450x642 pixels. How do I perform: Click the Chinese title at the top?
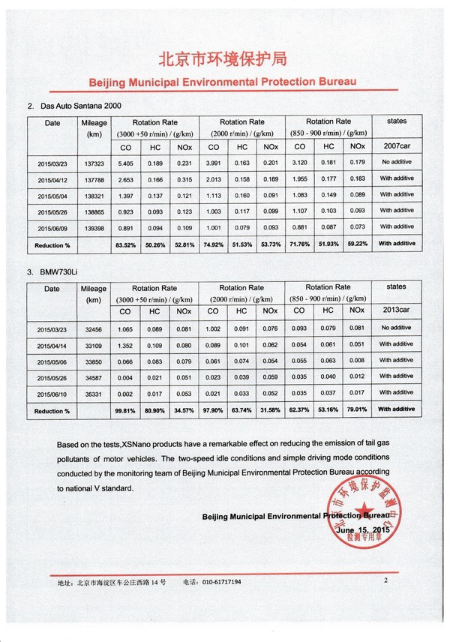pos(224,59)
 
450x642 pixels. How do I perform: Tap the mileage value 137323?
pos(94,163)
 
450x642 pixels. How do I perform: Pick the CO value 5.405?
pos(126,163)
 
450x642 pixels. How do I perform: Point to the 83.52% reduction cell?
pos(126,244)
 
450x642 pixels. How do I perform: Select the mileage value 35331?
pos(94,394)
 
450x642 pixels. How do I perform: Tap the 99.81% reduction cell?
pos(126,410)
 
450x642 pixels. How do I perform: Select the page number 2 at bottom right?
pos(385,580)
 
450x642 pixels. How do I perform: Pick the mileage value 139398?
pos(94,228)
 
